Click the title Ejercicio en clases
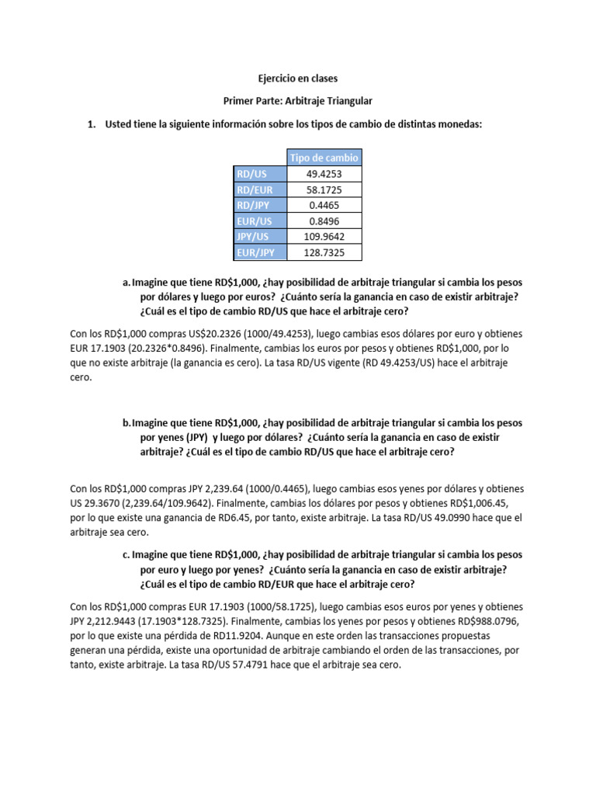point(298,78)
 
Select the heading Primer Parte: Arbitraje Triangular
point(298,102)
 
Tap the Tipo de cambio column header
point(324,158)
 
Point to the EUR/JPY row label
point(259,252)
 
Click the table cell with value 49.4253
point(324,175)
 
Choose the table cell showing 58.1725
point(324,190)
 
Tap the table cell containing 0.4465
point(324,206)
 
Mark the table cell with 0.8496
point(324,221)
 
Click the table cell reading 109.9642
point(324,237)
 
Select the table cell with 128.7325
point(324,252)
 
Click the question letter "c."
point(126,555)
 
